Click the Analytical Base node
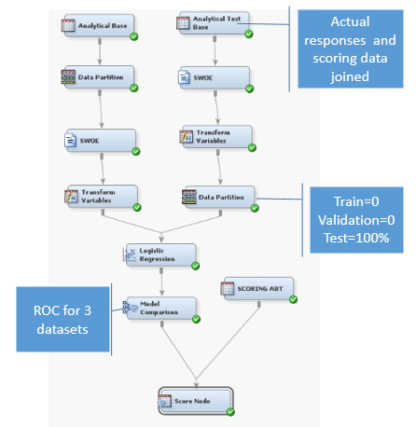click(99, 26)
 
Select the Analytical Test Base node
click(215, 23)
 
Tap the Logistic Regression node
click(160, 255)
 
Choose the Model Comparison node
click(161, 308)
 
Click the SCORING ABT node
click(258, 289)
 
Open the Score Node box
click(196, 401)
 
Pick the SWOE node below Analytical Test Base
click(215, 77)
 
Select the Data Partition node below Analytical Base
click(99, 77)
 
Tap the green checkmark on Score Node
click(230, 412)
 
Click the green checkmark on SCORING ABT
click(293, 299)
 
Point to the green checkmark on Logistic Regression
click(196, 266)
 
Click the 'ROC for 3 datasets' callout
click(62, 319)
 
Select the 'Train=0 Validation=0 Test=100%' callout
click(356, 220)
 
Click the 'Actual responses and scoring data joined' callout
click(351, 48)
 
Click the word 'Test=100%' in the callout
click(356, 238)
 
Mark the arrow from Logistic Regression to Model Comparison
click(161, 282)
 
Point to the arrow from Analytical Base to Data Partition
click(100, 51)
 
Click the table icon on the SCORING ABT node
click(228, 288)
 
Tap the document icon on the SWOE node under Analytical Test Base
click(184, 77)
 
